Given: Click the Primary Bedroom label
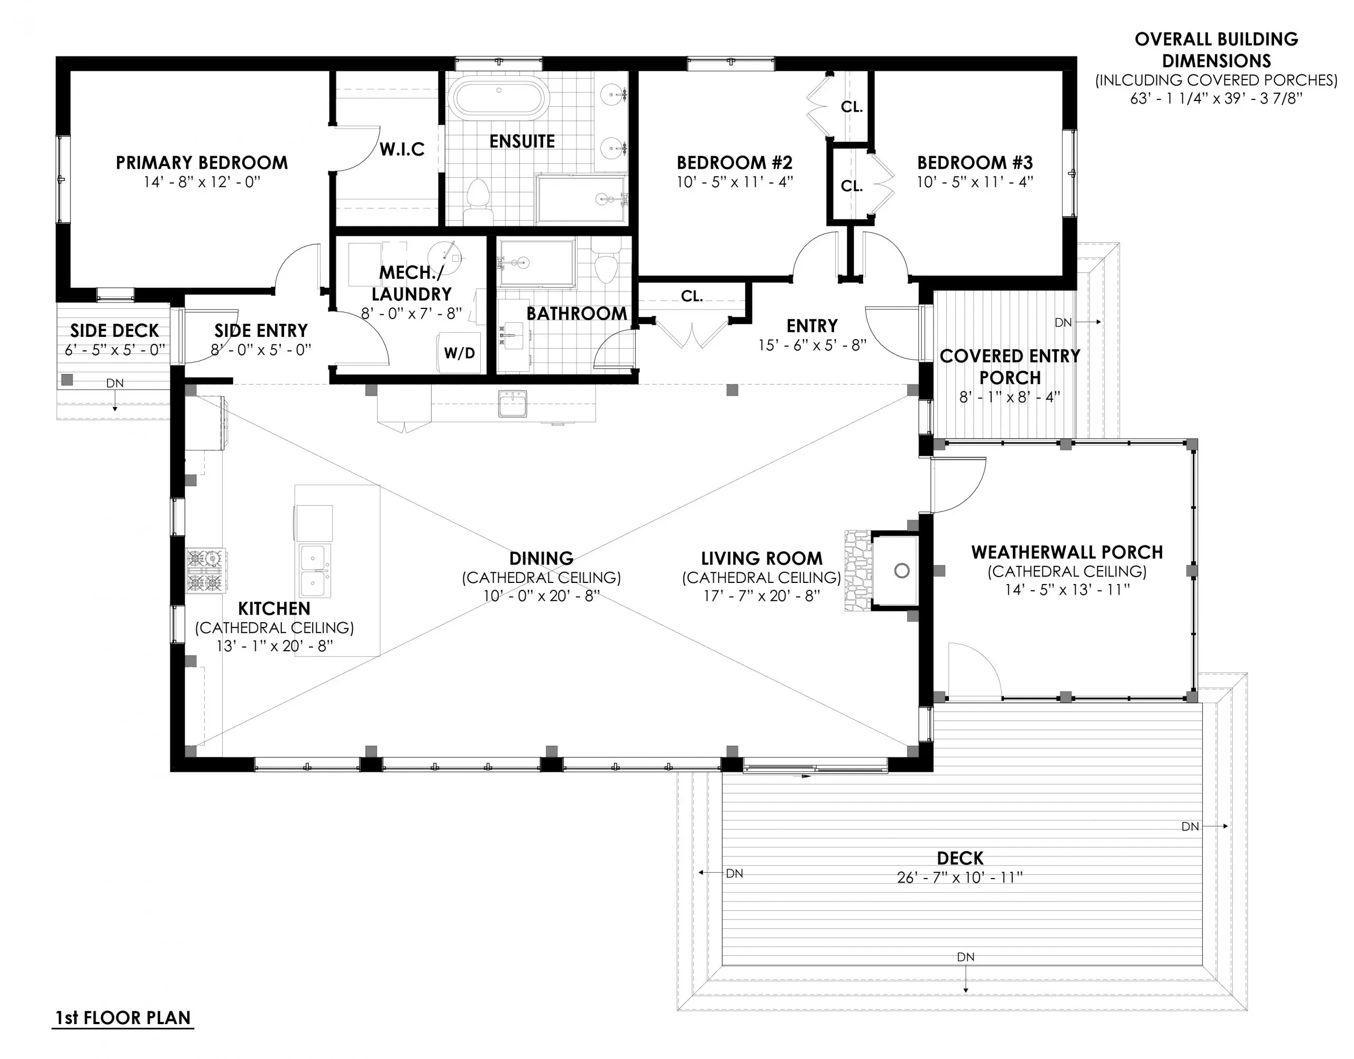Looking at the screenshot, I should click(x=202, y=162).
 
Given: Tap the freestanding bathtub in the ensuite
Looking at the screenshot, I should click(x=499, y=97).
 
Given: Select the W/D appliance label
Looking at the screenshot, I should click(x=460, y=353).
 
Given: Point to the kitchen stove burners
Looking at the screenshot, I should click(x=205, y=570).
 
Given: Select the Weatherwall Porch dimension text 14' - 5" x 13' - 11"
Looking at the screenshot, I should click(x=1067, y=590).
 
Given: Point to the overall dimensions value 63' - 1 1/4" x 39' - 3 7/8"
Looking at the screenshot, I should click(x=1216, y=98).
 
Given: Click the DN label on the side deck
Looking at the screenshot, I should click(x=115, y=383).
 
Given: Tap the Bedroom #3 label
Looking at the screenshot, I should click(x=975, y=162).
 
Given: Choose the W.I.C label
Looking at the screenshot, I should click(x=402, y=149).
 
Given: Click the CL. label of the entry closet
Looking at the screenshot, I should click(x=691, y=296).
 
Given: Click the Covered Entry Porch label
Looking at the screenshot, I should click(x=1010, y=367).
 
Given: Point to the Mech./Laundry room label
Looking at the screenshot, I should click(x=411, y=282).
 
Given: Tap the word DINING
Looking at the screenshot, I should click(x=541, y=558).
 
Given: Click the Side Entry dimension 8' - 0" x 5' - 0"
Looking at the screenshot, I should click(x=260, y=350).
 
